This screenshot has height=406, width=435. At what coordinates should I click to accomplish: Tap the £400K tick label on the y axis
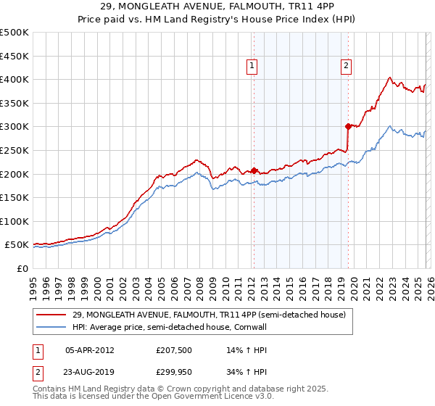point(14,79)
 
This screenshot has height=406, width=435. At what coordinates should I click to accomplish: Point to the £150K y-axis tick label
point(14,197)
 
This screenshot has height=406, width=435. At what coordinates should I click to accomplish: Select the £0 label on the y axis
point(22,268)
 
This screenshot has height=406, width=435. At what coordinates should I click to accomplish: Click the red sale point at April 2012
point(254,170)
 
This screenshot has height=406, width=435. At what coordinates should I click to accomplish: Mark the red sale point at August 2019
point(348,126)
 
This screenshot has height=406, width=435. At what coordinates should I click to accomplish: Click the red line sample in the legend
point(52,315)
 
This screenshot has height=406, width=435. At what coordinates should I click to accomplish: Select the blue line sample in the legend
point(52,327)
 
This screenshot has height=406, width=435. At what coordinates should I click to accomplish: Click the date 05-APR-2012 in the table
point(89,349)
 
